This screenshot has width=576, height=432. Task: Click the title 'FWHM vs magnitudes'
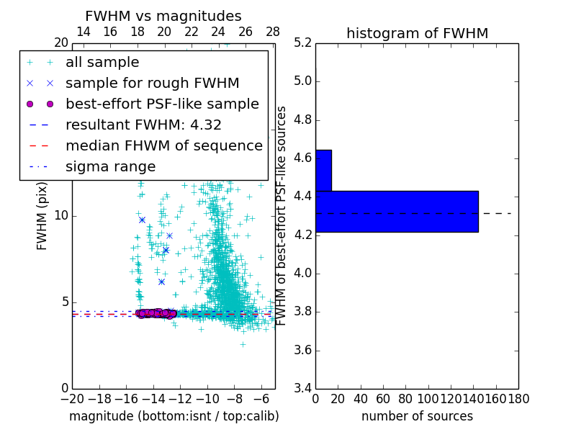pyautogui.click(x=163, y=16)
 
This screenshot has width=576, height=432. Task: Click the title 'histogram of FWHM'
pyautogui.click(x=417, y=33)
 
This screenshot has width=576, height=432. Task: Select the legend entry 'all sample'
pyautogui.click(x=102, y=63)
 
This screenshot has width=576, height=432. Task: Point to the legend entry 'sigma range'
pyautogui.click(x=110, y=166)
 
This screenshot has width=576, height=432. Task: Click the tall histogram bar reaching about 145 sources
pyautogui.click(x=397, y=211)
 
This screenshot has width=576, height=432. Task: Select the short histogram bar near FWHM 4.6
pyautogui.click(x=323, y=170)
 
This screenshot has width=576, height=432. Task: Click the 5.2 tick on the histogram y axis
pyautogui.click(x=302, y=42)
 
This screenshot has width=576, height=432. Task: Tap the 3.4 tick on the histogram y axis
pyautogui.click(x=302, y=389)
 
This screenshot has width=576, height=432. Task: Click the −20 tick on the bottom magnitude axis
pyautogui.click(x=72, y=399)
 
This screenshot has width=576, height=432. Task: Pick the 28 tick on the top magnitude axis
pyautogui.click(x=273, y=32)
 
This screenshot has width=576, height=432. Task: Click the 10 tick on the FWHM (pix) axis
pyautogui.click(x=61, y=215)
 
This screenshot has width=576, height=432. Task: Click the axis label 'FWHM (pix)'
pyautogui.click(x=42, y=215)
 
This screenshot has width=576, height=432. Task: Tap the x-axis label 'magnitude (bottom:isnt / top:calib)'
pyautogui.click(x=174, y=416)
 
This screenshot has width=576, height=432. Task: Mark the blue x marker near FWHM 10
pyautogui.click(x=142, y=220)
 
